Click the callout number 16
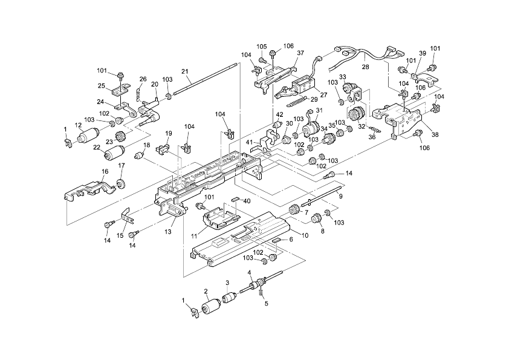tap(105, 172)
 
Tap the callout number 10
tap(304, 234)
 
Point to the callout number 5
tap(265, 304)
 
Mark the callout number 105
tap(261, 47)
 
